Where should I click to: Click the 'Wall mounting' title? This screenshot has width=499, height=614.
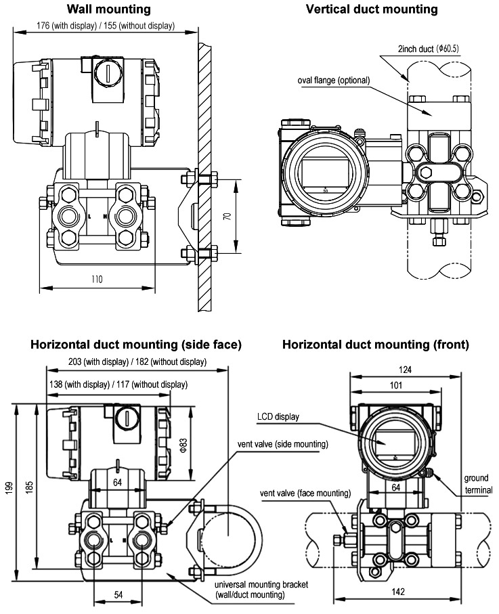tap(108, 9)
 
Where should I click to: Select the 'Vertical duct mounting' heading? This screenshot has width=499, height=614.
tap(372, 9)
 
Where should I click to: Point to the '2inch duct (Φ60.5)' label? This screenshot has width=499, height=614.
tap(429, 49)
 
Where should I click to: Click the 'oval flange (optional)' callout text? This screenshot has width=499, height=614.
tap(334, 80)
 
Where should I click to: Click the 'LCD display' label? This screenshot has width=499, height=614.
tap(278, 416)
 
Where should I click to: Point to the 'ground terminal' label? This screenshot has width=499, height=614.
tap(478, 483)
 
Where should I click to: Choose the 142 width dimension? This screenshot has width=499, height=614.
tap(398, 591)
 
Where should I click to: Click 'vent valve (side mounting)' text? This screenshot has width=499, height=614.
tap(282, 444)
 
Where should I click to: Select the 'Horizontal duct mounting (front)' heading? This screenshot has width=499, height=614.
tap(375, 345)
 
